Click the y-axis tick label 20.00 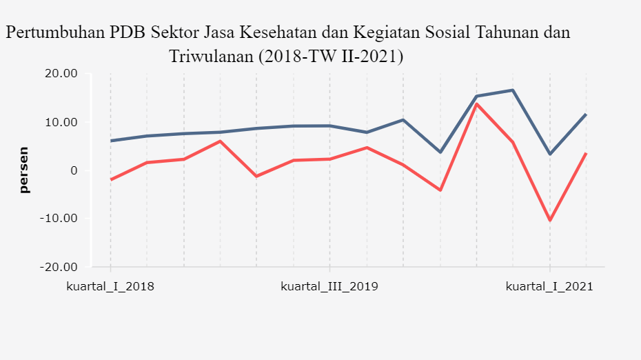click(61, 74)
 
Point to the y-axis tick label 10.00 click(61, 122)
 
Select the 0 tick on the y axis click(74, 170)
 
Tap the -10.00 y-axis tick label click(59, 219)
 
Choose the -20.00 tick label click(59, 267)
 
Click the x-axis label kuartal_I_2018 click(110, 286)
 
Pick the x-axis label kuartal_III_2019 click(329, 286)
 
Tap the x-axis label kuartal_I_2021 click(549, 286)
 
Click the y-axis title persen click(24, 170)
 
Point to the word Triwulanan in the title click(211, 56)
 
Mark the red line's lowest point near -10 click(550, 221)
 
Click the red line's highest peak click(476, 103)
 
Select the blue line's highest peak click(513, 90)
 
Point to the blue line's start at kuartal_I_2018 click(110, 141)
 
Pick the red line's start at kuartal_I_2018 click(110, 179)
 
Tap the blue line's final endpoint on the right click(586, 114)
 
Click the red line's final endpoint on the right click(586, 153)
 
